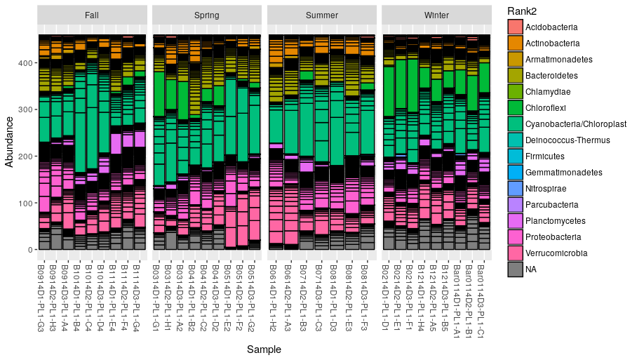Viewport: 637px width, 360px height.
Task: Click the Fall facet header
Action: tap(91, 15)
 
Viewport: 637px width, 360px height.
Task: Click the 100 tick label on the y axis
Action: tap(27, 203)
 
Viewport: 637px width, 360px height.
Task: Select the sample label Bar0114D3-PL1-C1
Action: tap(481, 295)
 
